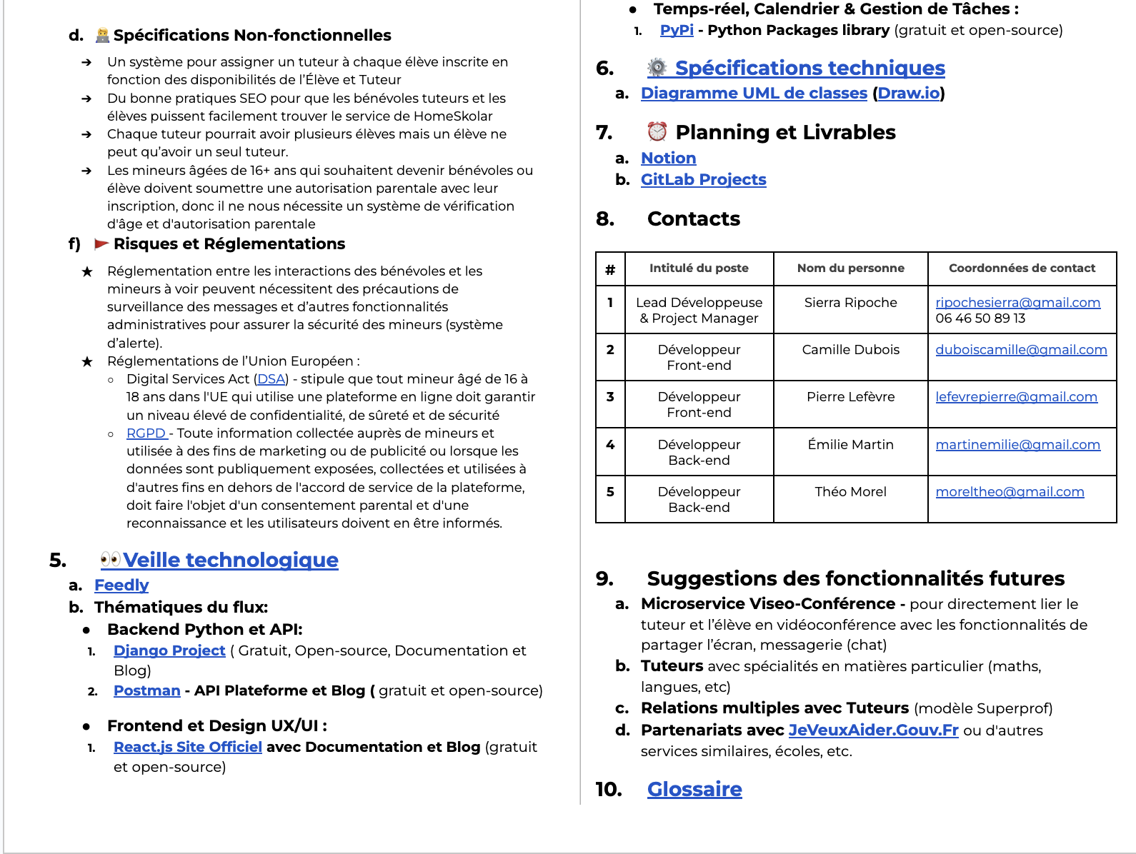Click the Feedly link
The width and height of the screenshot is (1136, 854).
point(121,586)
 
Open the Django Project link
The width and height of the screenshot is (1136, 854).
point(169,650)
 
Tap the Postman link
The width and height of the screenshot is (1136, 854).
point(146,690)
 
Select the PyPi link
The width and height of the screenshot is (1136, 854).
point(677,30)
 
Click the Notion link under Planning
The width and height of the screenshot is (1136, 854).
point(668,159)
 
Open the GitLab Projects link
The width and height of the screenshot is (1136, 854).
point(703,180)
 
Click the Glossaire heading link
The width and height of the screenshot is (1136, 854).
point(694,789)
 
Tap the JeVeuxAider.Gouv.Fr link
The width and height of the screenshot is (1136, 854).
point(873,730)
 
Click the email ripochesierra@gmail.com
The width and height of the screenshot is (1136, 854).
point(1017,303)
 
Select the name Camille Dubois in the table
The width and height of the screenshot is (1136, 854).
point(850,350)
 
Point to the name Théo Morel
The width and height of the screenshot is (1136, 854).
point(850,492)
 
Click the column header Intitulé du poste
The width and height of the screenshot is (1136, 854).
point(699,268)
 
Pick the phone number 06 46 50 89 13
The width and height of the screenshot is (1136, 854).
point(980,318)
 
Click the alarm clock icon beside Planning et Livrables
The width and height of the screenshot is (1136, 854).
point(657,132)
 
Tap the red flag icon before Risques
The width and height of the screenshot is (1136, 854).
point(101,244)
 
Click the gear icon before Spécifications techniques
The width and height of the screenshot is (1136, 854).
point(657,68)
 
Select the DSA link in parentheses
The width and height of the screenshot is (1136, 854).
point(271,379)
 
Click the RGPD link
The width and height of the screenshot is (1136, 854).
point(146,433)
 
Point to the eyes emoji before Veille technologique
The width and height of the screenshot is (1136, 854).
point(111,559)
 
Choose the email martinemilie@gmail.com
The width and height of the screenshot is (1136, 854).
point(1017,445)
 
